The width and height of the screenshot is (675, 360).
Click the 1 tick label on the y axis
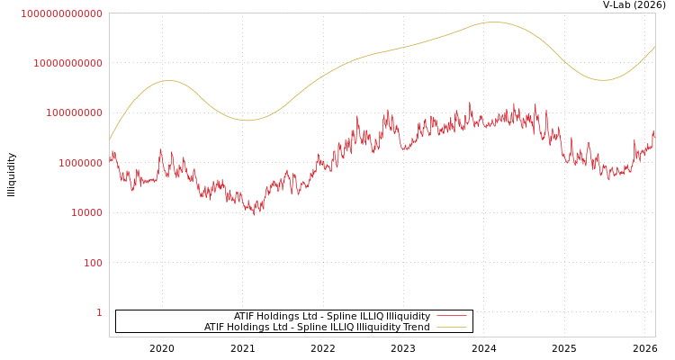[x=99, y=312]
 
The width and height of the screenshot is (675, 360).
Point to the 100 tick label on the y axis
[x=93, y=263]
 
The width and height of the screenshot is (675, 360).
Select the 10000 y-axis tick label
[x=87, y=212]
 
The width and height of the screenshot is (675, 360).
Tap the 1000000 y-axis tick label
[x=81, y=163]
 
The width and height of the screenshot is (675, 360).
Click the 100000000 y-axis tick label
[x=75, y=113]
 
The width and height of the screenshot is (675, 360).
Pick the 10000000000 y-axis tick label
[x=68, y=63]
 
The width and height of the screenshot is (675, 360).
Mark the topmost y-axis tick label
[x=62, y=13]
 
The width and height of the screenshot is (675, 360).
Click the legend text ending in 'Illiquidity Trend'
[x=317, y=328]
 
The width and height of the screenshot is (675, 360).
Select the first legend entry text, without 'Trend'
[x=332, y=317]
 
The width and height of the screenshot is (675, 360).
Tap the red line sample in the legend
[x=452, y=316]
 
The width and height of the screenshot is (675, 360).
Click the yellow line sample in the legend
[x=452, y=327]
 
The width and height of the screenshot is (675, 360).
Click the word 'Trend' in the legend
[x=415, y=328]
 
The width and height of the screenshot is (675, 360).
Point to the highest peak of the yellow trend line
[x=496, y=22]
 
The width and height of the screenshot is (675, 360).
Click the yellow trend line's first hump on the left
[x=167, y=81]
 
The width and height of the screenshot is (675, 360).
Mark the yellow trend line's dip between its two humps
[x=247, y=121]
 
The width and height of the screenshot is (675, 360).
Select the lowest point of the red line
[x=254, y=214]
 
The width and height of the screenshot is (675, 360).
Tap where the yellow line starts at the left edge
[x=110, y=139]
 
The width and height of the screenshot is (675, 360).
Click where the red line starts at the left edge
[x=110, y=160]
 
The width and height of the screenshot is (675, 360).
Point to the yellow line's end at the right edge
[x=654, y=47]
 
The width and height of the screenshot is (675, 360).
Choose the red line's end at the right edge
[x=654, y=132]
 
